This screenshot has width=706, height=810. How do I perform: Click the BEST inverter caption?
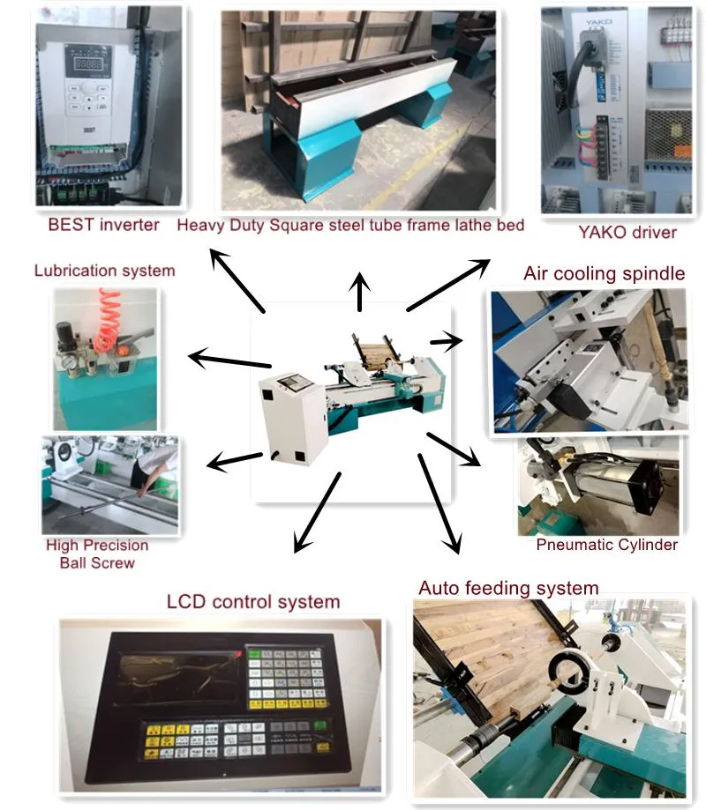[103, 224]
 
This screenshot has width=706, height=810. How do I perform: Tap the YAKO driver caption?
[627, 233]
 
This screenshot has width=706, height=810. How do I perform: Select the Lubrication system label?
[104, 271]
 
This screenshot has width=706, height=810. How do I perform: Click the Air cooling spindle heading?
[604, 273]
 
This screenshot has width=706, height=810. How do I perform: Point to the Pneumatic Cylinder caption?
[606, 544]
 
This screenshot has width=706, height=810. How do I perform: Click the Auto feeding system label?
[508, 588]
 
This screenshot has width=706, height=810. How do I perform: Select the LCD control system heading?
[253, 602]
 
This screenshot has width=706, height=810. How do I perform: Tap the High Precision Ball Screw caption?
[98, 554]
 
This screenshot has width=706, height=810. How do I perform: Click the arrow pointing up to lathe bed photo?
[359, 292]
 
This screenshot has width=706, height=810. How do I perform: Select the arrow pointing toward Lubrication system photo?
[229, 360]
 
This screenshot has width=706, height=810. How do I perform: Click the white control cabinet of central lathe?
[290, 414]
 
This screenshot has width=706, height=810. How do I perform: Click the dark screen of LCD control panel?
[182, 678]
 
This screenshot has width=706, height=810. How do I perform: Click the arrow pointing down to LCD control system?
[315, 514]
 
